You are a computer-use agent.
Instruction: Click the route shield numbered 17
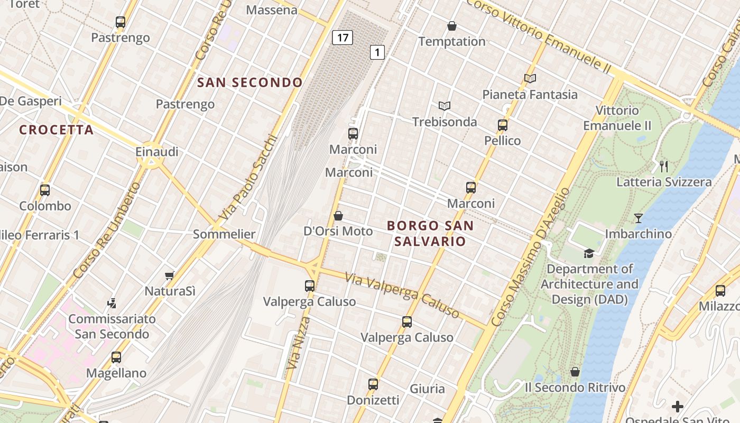pos(343,38)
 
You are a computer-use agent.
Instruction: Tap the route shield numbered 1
pos(377,52)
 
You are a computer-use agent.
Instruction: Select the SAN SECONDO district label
pos(249,82)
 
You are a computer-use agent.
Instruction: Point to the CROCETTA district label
pos(57,130)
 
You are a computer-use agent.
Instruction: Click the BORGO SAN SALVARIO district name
pos(430,234)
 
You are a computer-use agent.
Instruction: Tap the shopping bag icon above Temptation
pos(452,25)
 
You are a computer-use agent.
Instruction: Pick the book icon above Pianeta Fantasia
pos(530,78)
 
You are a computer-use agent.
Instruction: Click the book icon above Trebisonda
pos(445,106)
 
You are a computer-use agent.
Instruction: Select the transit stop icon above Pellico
pos(503,125)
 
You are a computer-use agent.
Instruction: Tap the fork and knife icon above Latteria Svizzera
pos(664,167)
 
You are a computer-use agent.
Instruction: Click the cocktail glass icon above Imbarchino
pos(639,218)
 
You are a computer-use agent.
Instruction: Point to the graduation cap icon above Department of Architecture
pos(589,253)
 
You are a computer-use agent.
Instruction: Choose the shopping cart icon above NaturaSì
pos(170,275)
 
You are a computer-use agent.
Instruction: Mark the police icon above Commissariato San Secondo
pos(112,304)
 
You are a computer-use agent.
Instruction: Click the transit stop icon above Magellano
pos(116,357)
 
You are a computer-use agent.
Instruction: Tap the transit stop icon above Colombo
pos(45,190)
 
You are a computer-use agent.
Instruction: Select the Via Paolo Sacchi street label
pos(248,179)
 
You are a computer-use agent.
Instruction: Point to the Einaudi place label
pos(157,152)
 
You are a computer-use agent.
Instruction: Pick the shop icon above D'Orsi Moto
pos(338,216)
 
